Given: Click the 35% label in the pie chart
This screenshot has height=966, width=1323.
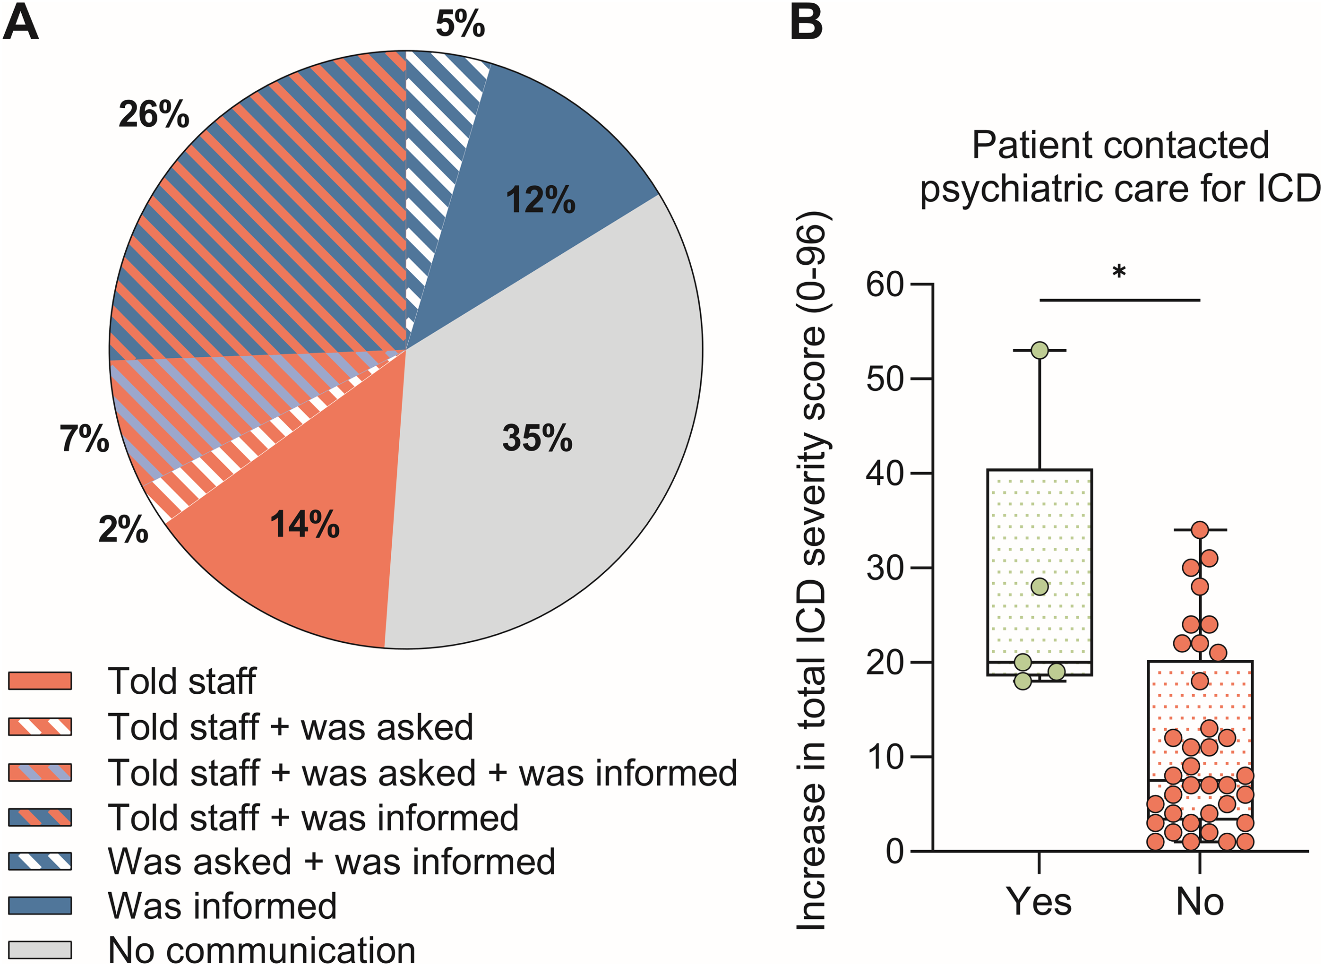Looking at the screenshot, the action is click(x=537, y=438).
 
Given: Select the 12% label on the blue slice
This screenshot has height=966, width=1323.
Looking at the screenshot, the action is click(x=541, y=200).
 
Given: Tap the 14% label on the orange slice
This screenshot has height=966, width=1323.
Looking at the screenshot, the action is click(x=305, y=524).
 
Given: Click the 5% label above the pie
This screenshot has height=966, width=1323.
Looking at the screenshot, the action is click(x=460, y=25).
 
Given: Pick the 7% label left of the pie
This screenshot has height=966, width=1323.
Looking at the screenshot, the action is click(x=84, y=439).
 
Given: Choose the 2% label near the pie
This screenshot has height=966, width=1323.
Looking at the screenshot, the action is click(x=123, y=530).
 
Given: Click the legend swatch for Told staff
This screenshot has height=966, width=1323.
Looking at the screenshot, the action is click(x=40, y=681).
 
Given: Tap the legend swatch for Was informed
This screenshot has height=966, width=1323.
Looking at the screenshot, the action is click(x=40, y=905).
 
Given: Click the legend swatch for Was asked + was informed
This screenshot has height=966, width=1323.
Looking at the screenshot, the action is click(x=40, y=861).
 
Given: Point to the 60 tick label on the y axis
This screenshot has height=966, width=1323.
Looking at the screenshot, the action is click(x=885, y=285).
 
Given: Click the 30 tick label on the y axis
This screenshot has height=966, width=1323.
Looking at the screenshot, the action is click(x=885, y=568).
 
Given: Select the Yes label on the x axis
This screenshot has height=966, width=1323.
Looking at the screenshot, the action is click(x=1039, y=902).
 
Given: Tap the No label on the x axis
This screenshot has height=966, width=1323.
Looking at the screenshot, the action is click(x=1200, y=902).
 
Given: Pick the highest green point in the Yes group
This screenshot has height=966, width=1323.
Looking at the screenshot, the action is click(x=1039, y=350).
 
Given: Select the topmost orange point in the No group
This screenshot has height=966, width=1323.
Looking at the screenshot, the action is click(x=1200, y=530).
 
